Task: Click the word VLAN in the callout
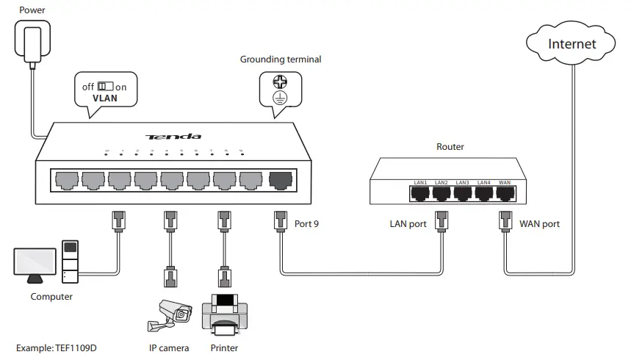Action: [105, 98]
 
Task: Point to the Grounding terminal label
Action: [281, 60]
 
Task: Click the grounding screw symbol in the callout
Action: [279, 83]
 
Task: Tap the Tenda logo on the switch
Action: [173, 137]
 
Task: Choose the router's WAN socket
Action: [505, 193]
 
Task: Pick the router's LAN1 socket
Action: [421, 193]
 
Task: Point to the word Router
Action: [450, 147]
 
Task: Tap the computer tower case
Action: [71, 262]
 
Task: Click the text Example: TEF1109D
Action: [56, 348]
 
